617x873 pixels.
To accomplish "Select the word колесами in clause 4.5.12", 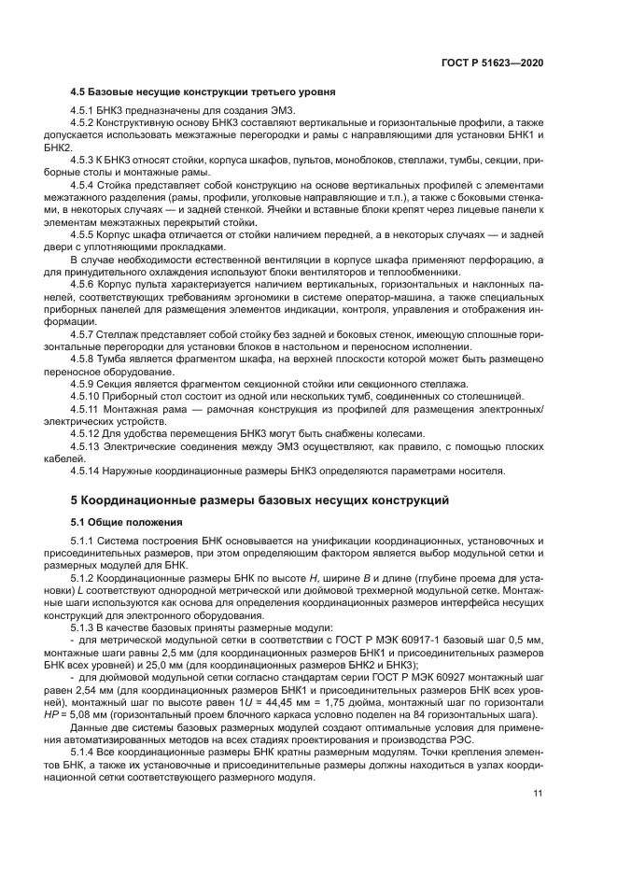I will pos(403,433).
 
